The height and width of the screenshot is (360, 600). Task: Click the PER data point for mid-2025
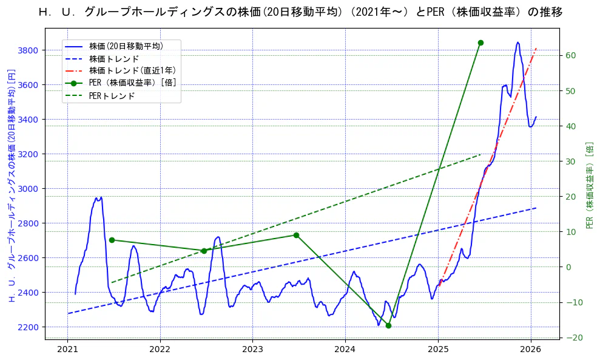(480, 42)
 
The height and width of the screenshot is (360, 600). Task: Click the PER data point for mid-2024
(388, 325)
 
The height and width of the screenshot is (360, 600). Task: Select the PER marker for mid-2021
(112, 240)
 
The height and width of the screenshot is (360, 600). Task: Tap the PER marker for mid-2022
(204, 251)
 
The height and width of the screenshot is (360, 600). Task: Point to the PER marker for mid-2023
(296, 235)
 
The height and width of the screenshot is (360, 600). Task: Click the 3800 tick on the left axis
(29, 50)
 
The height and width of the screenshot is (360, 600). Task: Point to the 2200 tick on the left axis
(29, 327)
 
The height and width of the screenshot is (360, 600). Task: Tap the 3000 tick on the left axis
(29, 189)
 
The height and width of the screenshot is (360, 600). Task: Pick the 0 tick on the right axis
(568, 267)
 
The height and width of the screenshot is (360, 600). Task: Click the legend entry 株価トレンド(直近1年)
(132, 70)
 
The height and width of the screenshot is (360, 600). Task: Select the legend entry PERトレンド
(112, 96)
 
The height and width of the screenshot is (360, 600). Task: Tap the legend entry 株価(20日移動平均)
(126, 46)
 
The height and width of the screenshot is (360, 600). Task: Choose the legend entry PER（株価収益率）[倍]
(132, 83)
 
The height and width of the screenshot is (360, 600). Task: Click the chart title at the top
(300, 12)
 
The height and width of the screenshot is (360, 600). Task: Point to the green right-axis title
(589, 185)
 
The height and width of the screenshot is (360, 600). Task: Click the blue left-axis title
(10, 185)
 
